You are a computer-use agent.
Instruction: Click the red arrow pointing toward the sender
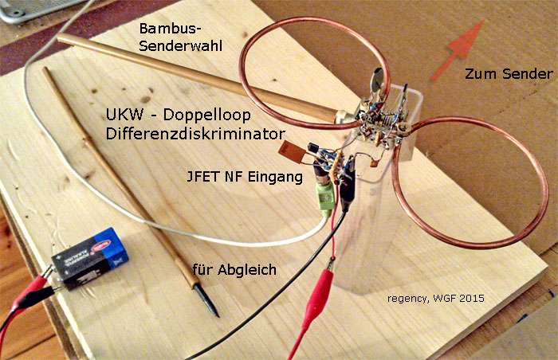pos(458,51)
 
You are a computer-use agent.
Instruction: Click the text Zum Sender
pos(509,73)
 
